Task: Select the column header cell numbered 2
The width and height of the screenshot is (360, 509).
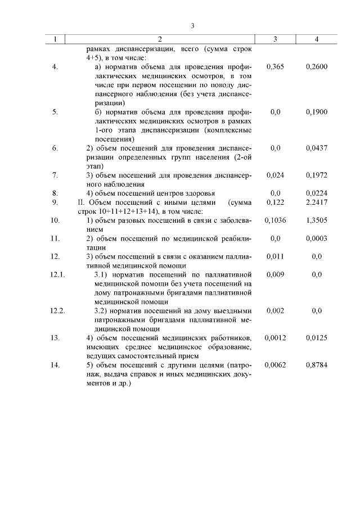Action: pos(160,39)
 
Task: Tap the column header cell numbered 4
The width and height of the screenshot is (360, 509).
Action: pos(317,39)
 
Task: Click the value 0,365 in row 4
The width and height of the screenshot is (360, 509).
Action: pos(275,67)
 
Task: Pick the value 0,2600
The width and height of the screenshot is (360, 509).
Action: pos(317,67)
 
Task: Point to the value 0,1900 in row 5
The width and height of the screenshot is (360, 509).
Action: pos(317,112)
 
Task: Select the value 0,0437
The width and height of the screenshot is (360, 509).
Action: pos(317,148)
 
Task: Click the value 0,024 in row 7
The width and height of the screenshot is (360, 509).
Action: pos(275,175)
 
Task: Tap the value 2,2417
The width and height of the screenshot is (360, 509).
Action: pos(317,202)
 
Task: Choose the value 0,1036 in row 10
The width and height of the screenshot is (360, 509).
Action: pos(275,220)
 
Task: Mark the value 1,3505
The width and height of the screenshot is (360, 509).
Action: pos(317,220)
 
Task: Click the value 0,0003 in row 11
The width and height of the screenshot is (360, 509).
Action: pos(317,238)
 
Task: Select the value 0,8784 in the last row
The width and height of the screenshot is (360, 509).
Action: pos(317,365)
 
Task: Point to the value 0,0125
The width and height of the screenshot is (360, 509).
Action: pos(317,337)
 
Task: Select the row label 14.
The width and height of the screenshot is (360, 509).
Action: pos(55,365)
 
